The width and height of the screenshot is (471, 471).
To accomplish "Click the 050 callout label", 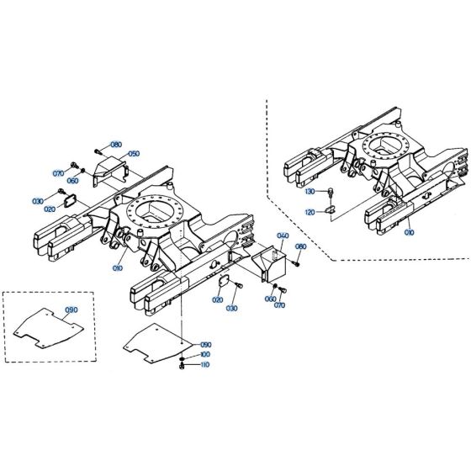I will [134, 154].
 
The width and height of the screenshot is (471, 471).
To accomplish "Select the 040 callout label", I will [283, 236].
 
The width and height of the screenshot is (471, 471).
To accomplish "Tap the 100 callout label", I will [205, 356].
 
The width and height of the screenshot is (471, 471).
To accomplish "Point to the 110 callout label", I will [205, 366].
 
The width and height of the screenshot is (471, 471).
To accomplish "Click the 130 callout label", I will [310, 191].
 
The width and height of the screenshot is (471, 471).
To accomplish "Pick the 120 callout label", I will [310, 212].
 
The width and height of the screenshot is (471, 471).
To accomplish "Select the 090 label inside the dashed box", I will [71, 310].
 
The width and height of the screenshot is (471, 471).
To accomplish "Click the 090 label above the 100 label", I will [205, 345].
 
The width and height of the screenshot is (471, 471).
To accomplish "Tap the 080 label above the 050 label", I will [116, 145].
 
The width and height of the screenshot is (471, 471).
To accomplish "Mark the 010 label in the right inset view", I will [410, 231].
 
